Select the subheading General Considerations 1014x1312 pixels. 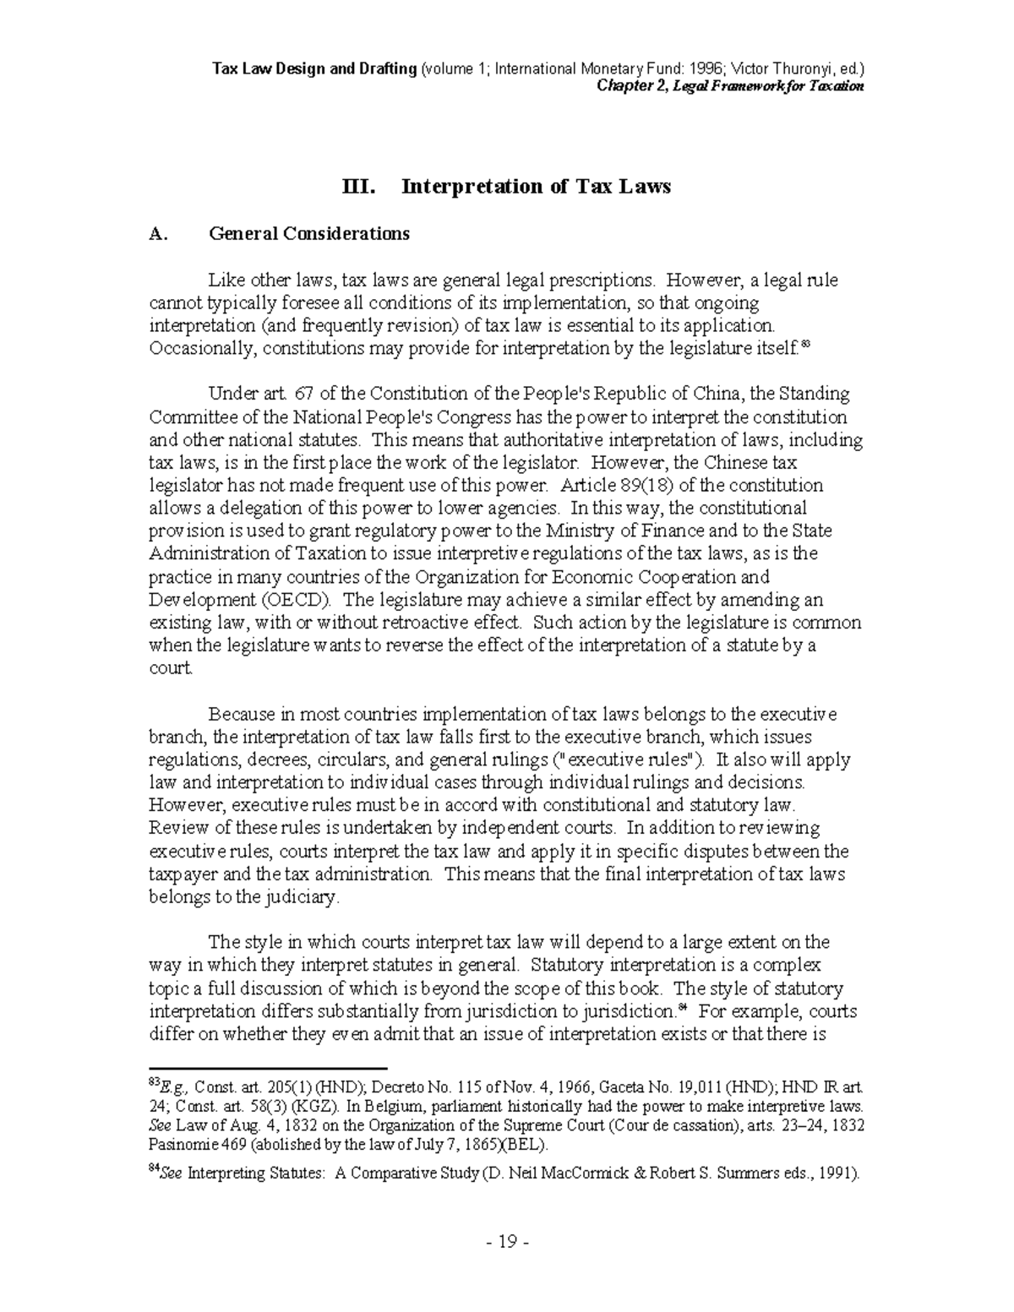[x=309, y=234]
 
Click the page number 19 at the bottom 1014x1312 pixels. [x=507, y=1242]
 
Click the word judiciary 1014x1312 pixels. [x=300, y=897]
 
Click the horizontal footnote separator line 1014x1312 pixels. [x=267, y=1068]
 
